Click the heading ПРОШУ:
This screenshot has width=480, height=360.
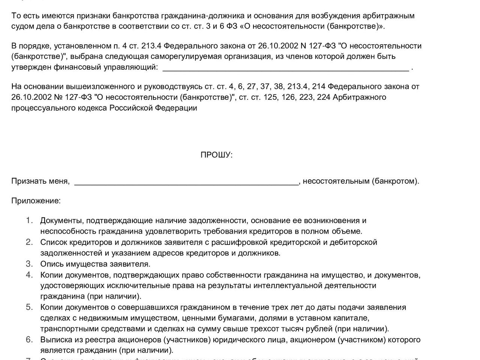pyautogui.click(x=216, y=155)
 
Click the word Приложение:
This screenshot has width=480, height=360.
pyautogui.click(x=36, y=201)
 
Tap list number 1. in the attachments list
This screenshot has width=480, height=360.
pyautogui.click(x=30, y=220)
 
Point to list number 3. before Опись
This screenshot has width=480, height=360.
pyautogui.click(x=30, y=264)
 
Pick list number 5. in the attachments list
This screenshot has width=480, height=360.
pyautogui.click(x=30, y=307)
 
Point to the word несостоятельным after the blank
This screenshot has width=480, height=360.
pyautogui.click(x=336, y=181)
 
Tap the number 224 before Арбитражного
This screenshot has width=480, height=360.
pyautogui.click(x=323, y=97)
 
